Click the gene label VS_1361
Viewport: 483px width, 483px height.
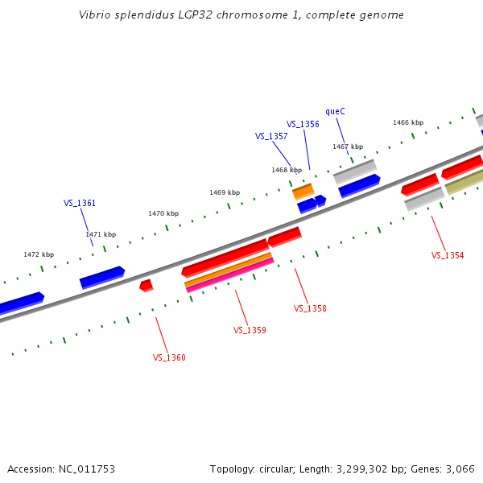tap(80, 203)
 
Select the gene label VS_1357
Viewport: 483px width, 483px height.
tap(271, 136)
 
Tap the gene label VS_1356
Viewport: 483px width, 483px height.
tap(303, 124)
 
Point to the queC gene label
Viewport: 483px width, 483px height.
tap(335, 111)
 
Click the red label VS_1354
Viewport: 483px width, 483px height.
tap(448, 255)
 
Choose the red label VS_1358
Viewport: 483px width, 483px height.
tap(310, 308)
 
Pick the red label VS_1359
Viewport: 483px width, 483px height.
tap(250, 330)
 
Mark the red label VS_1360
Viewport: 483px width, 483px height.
tap(169, 357)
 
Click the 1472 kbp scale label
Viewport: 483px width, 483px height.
tap(39, 254)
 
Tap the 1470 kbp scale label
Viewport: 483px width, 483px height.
tap(163, 213)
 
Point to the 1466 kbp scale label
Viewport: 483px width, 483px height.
tap(408, 122)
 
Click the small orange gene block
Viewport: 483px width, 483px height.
tap(303, 192)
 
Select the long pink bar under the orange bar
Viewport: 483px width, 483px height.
tap(229, 275)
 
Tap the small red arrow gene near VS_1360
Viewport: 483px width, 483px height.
tap(146, 285)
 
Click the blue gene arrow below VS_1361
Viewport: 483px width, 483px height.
tap(101, 278)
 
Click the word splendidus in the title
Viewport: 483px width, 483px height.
tap(138, 15)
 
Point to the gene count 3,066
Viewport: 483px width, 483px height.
tap(460, 469)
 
